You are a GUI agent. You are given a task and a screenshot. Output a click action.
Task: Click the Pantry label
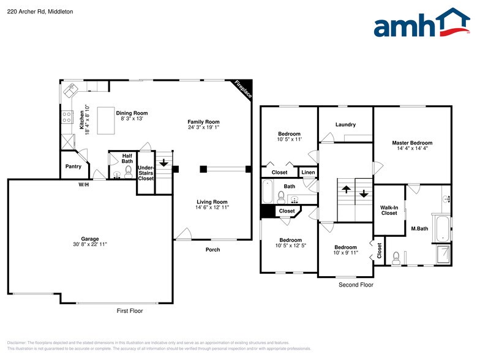73,167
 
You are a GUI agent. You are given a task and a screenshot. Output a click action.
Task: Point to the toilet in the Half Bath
129,173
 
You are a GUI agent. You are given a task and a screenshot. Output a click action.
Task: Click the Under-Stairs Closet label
146,173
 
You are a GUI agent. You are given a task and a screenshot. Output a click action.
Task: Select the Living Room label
212,202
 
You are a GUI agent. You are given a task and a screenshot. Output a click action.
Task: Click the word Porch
212,250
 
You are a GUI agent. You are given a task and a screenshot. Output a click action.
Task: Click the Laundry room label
345,125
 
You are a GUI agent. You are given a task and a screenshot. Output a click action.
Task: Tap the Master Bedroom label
412,143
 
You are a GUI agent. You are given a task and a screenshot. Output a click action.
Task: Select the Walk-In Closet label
389,210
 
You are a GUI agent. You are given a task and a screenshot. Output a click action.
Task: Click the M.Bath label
419,229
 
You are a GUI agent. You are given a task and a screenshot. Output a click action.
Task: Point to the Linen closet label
308,173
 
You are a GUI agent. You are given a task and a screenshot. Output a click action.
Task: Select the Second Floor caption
356,285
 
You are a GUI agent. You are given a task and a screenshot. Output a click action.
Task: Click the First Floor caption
130,311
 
